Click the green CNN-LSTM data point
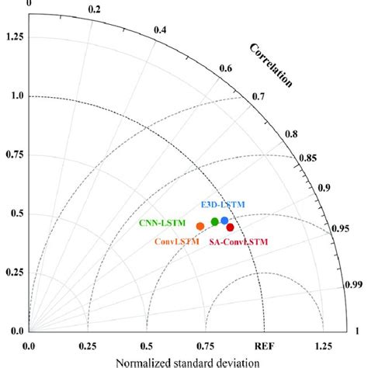(x=215, y=222)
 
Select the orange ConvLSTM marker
(x=200, y=227)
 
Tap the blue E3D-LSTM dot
(x=224, y=220)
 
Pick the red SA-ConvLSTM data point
(x=230, y=227)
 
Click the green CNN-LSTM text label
(x=161, y=224)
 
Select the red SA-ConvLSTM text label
(x=238, y=242)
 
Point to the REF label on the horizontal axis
(x=263, y=346)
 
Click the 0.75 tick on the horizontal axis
(x=204, y=346)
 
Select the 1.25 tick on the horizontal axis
(x=321, y=346)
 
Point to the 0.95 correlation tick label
(x=338, y=230)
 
